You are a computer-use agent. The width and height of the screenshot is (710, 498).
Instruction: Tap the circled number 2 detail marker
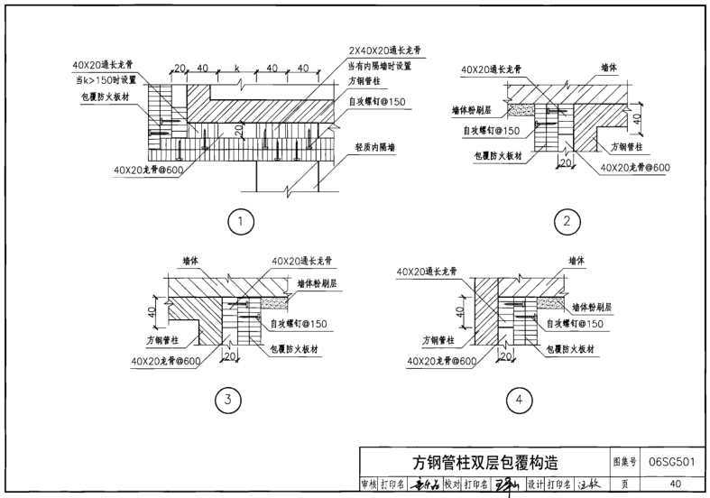(567, 220)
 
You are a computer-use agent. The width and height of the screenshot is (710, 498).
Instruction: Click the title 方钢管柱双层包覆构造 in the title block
(485, 464)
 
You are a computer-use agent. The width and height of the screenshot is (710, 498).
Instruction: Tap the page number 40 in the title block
(676, 484)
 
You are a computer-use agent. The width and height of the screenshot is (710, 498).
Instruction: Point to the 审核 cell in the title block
(369, 484)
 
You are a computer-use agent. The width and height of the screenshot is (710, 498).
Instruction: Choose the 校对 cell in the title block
(451, 484)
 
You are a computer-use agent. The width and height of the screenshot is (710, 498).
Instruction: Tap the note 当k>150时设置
(106, 82)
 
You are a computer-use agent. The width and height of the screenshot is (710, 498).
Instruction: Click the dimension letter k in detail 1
(235, 69)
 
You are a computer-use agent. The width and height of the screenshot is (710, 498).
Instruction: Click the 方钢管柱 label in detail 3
(163, 341)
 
